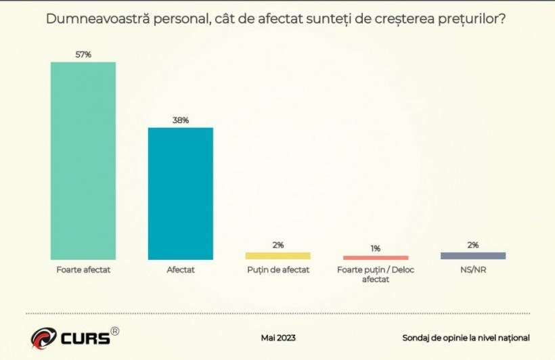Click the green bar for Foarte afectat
coord(83,160)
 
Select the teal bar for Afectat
coord(181,194)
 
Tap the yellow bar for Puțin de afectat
coord(278,256)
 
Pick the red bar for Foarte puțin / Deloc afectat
coord(376,258)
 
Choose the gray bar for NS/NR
coord(473,256)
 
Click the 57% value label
coord(83,55)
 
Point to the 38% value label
coord(181,120)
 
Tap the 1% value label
coord(376,248)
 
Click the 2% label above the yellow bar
coord(278,245)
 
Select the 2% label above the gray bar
coord(473,245)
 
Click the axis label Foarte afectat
coord(83,269)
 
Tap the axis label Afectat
coord(181,269)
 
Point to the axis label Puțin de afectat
coord(278,269)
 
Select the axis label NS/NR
coord(473,269)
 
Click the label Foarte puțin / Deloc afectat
coord(376,274)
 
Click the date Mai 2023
coord(278,338)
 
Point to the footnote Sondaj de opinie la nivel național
coord(466,338)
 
